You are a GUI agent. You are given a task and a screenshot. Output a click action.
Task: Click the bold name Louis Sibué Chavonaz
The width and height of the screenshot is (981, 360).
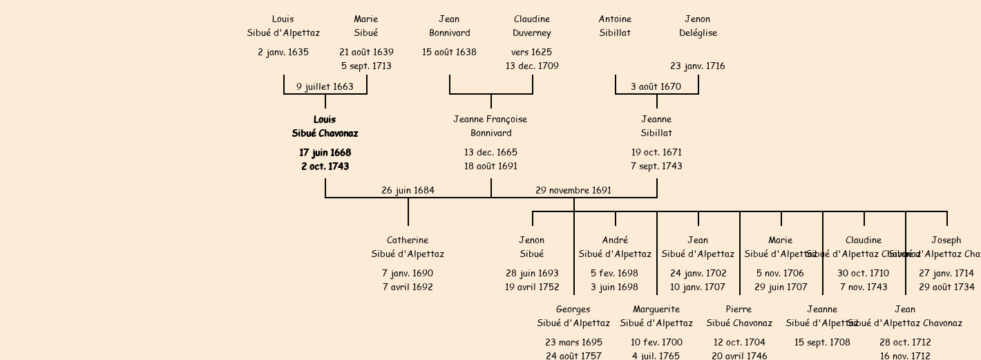click(x=325, y=126)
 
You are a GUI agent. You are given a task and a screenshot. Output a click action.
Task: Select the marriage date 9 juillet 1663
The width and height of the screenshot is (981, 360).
click(x=325, y=87)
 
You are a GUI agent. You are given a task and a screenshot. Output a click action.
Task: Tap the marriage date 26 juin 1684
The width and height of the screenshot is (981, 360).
click(x=408, y=191)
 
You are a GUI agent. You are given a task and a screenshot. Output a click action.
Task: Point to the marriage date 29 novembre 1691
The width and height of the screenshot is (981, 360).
click(x=573, y=191)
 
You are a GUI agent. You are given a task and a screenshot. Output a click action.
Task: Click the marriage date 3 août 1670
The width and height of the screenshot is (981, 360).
click(x=656, y=87)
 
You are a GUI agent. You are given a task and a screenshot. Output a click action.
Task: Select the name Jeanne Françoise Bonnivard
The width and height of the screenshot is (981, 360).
click(x=490, y=126)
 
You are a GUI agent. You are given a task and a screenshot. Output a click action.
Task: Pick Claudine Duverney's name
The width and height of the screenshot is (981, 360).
click(x=532, y=26)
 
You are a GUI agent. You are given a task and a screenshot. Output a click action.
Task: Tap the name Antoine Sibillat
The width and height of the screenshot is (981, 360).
click(x=615, y=26)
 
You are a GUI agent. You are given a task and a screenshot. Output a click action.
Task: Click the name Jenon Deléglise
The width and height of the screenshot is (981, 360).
click(x=698, y=26)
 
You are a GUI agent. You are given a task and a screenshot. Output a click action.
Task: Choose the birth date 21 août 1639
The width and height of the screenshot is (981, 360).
click(x=366, y=53)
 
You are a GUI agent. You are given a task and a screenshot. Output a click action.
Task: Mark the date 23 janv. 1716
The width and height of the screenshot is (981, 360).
click(x=698, y=66)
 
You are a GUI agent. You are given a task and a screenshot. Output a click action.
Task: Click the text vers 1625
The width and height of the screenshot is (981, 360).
click(x=532, y=53)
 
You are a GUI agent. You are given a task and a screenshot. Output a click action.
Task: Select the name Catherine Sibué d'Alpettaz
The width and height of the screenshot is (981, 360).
click(x=408, y=247)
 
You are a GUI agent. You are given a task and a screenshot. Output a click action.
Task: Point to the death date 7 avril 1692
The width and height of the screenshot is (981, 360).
click(x=408, y=287)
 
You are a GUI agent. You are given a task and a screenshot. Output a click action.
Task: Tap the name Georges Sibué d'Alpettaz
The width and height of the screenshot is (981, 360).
click(x=573, y=316)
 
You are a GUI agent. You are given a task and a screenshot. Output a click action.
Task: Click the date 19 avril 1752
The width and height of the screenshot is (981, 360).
click(x=532, y=287)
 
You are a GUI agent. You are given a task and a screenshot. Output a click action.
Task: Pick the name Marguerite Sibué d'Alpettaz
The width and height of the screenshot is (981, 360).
click(x=656, y=316)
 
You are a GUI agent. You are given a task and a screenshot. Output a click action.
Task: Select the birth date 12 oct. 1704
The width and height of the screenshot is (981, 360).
click(x=739, y=343)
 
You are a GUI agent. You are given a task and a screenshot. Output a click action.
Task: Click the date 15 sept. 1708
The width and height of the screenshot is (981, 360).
click(x=822, y=343)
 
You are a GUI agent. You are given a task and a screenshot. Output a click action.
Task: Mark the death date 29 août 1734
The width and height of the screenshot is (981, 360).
click(x=946, y=287)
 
